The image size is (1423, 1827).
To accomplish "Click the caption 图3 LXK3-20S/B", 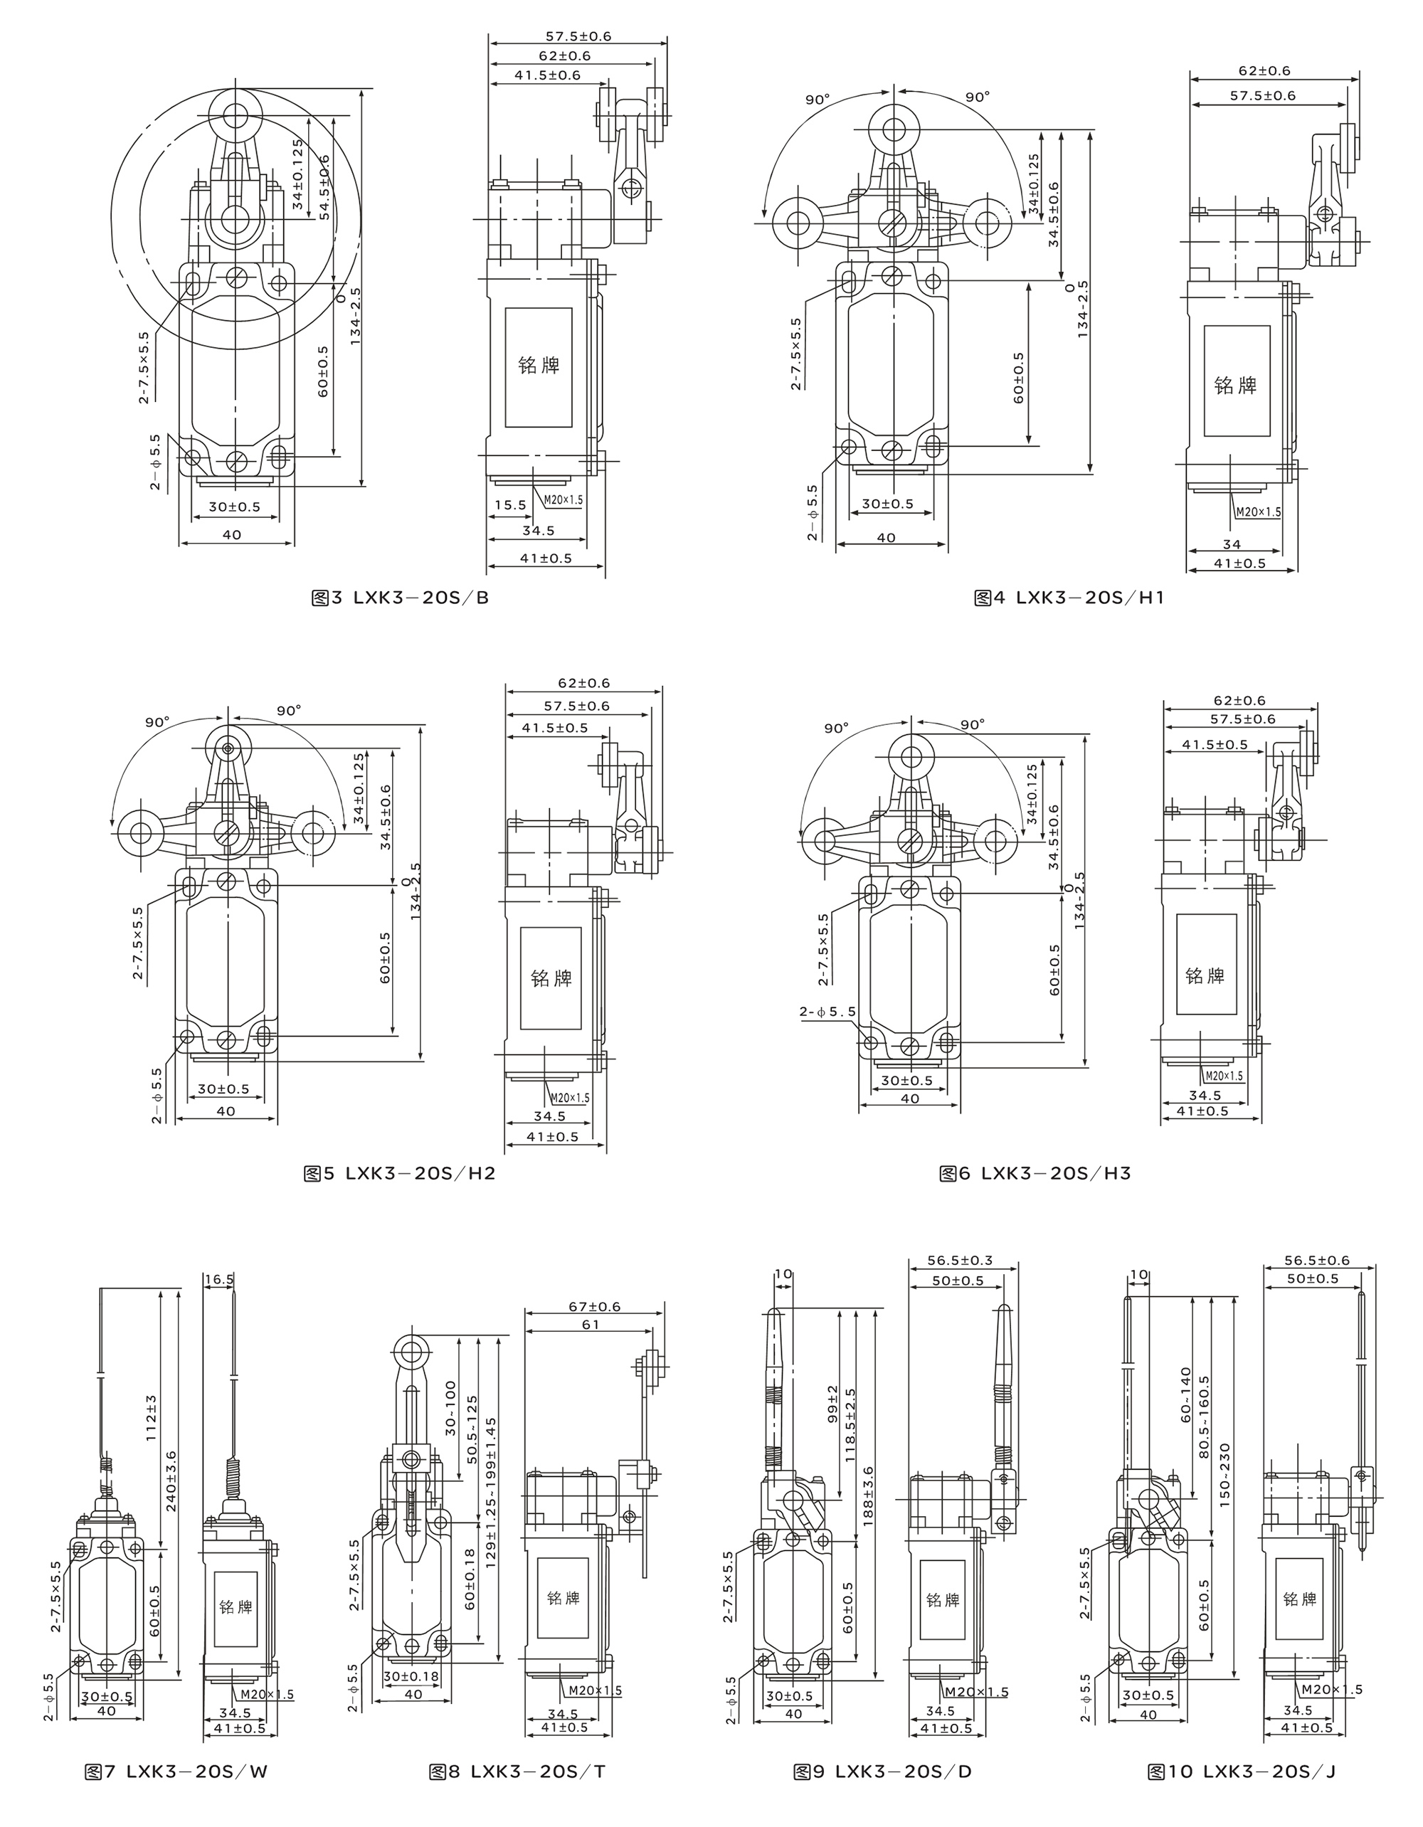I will [x=400, y=598].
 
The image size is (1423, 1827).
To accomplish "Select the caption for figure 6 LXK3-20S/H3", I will [x=1035, y=1173].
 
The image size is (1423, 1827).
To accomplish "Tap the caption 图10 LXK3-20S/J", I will [x=1242, y=1771].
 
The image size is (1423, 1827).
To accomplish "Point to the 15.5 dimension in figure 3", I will [x=510, y=505].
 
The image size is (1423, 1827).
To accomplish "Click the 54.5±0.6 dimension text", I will [x=324, y=186].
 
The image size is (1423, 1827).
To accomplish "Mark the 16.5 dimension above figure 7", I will [x=218, y=1279].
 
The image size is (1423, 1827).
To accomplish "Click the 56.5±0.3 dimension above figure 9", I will [x=962, y=1260].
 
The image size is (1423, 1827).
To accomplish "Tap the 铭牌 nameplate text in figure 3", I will [x=539, y=366].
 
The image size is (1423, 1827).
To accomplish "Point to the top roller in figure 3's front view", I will [x=234, y=115].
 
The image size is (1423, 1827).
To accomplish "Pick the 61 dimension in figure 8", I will [x=591, y=1324].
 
